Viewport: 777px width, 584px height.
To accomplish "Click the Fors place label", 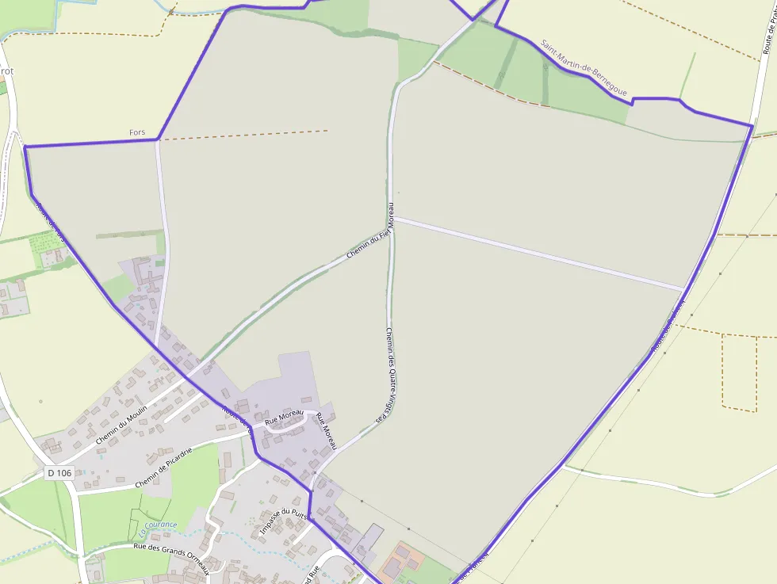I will coord(136,132).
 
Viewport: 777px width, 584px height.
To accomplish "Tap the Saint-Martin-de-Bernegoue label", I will coord(584,71).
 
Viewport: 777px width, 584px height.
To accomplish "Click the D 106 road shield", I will coord(59,473).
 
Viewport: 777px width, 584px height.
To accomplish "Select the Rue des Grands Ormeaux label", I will coord(171,554).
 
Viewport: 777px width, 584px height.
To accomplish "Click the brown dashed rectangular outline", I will coord(740,372).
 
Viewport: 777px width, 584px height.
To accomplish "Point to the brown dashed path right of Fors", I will coord(246,135).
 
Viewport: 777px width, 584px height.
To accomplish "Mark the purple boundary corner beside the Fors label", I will coord(159,139).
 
